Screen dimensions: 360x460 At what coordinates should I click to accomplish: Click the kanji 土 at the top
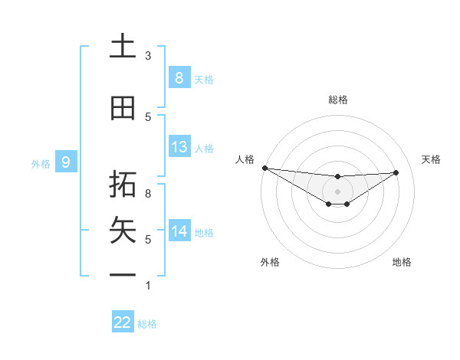click(x=123, y=47)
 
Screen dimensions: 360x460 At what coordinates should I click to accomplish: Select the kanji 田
click(x=123, y=108)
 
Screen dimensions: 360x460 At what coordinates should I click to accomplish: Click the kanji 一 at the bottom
click(x=123, y=274)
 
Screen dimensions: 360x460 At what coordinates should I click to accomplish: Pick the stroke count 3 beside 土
click(x=148, y=56)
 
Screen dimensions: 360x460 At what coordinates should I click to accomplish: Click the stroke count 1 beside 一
click(x=148, y=286)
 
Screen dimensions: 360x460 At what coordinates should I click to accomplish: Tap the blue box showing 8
click(x=179, y=77)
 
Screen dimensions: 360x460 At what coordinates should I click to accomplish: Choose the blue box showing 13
click(x=179, y=147)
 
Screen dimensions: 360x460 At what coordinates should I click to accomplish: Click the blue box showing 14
click(x=179, y=231)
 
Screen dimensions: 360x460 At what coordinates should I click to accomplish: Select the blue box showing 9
click(x=66, y=162)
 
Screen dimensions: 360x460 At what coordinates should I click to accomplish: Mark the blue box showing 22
click(x=123, y=322)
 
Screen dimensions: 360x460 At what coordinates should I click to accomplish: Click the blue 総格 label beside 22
click(x=147, y=324)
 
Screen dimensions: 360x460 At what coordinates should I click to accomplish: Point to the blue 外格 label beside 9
click(x=40, y=163)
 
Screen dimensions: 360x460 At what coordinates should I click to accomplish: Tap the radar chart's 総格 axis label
click(x=337, y=100)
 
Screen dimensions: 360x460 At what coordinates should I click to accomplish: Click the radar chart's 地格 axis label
click(x=402, y=262)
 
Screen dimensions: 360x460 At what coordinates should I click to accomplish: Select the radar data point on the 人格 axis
click(x=264, y=168)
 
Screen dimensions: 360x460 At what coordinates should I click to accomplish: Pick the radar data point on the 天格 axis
click(x=396, y=172)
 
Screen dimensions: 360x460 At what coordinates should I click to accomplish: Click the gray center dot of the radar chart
click(x=337, y=191)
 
